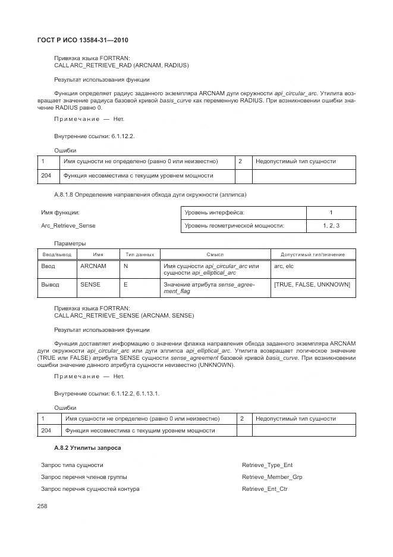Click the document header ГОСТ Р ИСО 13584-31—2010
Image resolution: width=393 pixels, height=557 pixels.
pyautogui.click(x=83, y=40)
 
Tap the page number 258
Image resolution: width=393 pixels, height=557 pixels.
pyautogui.click(x=42, y=506)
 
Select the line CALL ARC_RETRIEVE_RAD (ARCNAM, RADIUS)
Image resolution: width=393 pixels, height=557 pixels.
pyautogui.click(x=121, y=65)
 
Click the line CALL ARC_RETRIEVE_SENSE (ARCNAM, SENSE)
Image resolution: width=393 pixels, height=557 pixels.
pyautogui.click(x=124, y=315)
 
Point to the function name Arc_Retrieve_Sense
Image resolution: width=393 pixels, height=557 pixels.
pyautogui.click(x=68, y=226)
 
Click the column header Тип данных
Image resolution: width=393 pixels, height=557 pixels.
pyautogui.click(x=140, y=254)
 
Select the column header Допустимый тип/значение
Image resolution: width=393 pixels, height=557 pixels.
pyautogui.click(x=313, y=254)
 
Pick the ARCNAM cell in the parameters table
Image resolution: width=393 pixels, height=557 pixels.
pyautogui.click(x=93, y=266)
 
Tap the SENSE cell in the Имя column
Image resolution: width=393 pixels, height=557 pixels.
pyautogui.click(x=90, y=285)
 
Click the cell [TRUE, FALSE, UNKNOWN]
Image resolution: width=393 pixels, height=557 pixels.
pyautogui.click(x=312, y=285)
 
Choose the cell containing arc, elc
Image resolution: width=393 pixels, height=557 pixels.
pyautogui.click(x=284, y=266)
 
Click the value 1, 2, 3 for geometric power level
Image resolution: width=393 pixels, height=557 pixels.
pyautogui.click(x=331, y=226)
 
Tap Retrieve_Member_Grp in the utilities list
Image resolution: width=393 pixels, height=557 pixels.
pyautogui.click(x=272, y=477)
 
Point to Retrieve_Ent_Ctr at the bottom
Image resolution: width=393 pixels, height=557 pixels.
pyautogui.click(x=265, y=488)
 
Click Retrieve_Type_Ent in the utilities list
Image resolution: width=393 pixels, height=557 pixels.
pyautogui.click(x=267, y=465)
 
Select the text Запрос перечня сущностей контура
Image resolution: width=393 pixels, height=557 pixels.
pyautogui.click(x=90, y=488)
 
